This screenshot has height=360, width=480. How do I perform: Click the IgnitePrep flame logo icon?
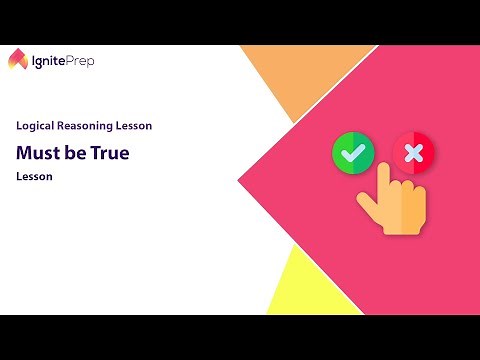click(19, 60)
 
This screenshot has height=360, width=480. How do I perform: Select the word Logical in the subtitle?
click(37, 127)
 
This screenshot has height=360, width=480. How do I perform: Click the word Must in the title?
click(35, 153)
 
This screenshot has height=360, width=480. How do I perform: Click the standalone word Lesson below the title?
click(33, 177)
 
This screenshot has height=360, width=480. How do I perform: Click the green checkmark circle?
click(353, 153)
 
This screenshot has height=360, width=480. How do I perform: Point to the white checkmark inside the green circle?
click(353, 153)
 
